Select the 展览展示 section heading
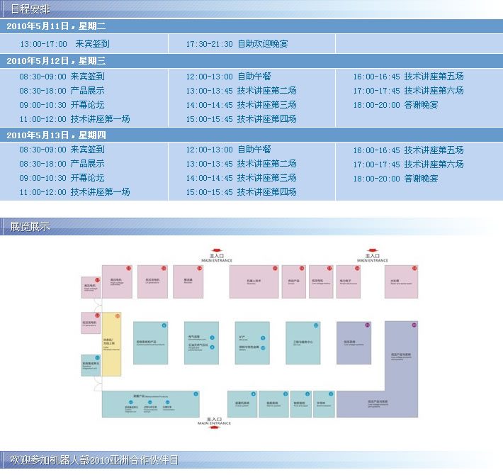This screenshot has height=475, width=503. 30,227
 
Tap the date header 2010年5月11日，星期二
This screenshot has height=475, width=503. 55,26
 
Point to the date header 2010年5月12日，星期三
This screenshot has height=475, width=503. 55,61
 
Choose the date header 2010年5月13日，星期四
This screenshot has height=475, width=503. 55,135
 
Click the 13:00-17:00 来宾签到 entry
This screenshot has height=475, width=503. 64,44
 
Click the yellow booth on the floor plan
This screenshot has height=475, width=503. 112,344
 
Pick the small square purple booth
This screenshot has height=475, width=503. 354,343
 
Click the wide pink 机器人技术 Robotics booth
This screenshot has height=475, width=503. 254,281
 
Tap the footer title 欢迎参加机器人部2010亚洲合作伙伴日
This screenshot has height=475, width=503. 94,461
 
